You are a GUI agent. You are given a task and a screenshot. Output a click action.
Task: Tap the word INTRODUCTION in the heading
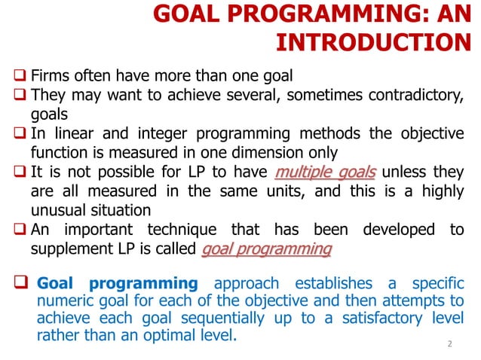(x=371, y=42)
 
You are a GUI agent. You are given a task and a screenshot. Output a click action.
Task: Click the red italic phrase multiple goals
(x=326, y=171)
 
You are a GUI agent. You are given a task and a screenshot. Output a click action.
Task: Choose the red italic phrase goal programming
(x=267, y=249)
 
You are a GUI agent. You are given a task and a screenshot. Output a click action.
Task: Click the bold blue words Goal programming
(x=117, y=284)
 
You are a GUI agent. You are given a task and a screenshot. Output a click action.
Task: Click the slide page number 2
(x=449, y=344)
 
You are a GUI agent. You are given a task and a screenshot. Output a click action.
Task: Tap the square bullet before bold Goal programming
(x=20, y=285)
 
